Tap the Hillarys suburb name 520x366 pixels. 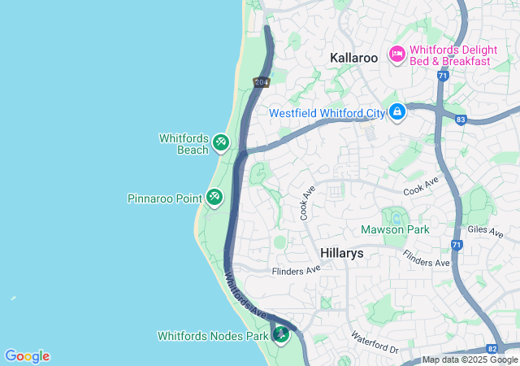[x=341, y=253]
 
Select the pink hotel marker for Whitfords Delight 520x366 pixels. [x=397, y=54]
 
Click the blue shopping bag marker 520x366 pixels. [x=396, y=111]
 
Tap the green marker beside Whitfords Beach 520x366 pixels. [x=221, y=143]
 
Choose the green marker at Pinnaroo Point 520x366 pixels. [x=214, y=197]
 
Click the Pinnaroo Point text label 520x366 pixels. [x=164, y=198]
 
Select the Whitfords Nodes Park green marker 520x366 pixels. [x=282, y=334]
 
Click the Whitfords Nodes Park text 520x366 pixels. [x=212, y=335]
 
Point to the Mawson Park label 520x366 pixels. [x=394, y=230]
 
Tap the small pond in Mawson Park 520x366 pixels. [x=396, y=217]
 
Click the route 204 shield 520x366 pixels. [x=261, y=82]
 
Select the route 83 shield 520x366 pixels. [x=461, y=120]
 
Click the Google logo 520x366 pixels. [x=28, y=356]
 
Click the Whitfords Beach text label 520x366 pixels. [x=184, y=144]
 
